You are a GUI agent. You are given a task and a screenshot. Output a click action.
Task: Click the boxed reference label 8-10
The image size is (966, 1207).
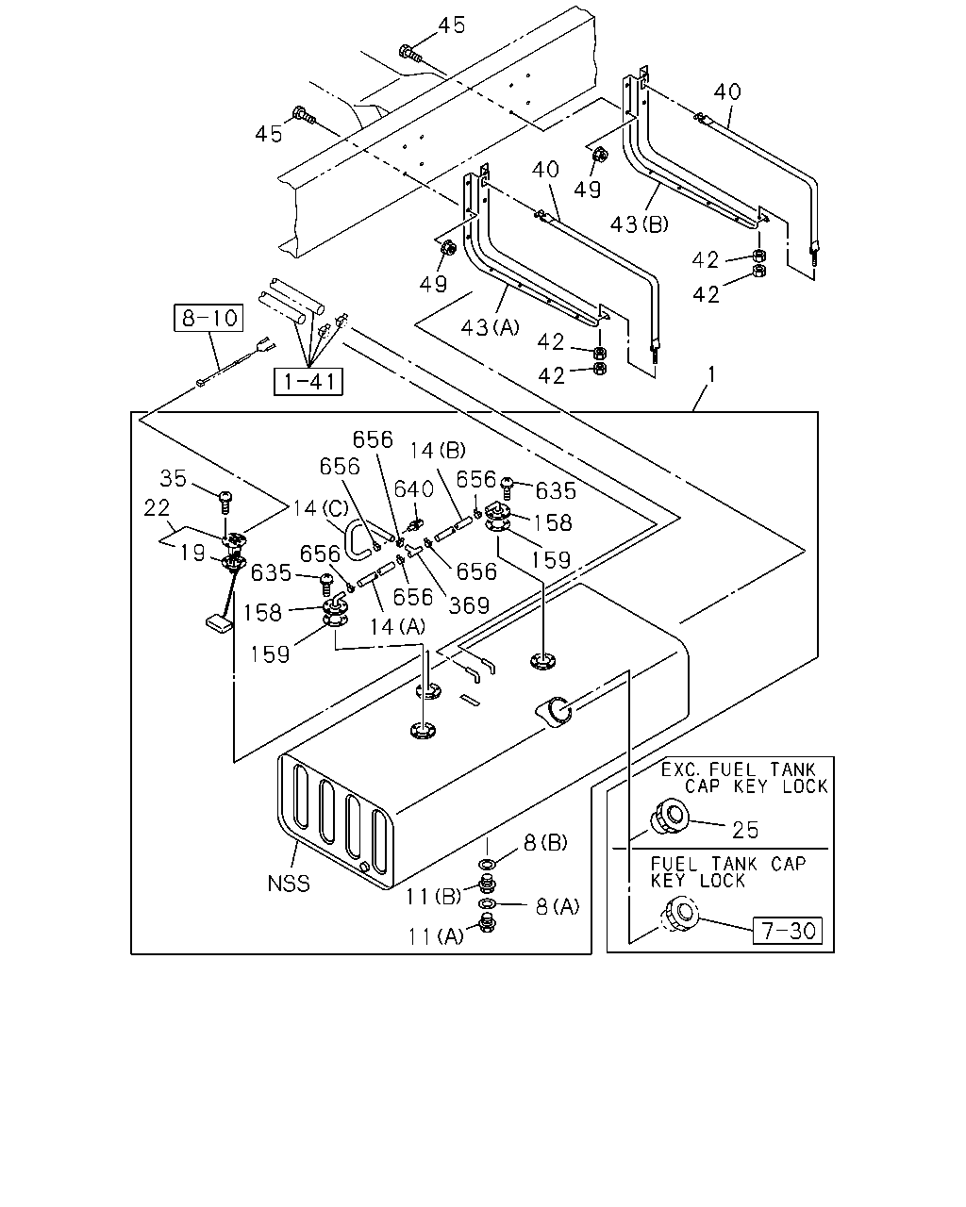(x=208, y=318)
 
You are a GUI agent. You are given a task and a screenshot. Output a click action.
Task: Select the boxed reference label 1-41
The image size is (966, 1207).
(x=308, y=382)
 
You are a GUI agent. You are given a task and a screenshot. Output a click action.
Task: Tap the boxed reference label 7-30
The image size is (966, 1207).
(x=788, y=931)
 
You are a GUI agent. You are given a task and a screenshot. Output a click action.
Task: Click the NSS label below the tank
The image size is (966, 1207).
(x=289, y=884)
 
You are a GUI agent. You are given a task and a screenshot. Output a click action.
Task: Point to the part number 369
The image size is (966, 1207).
(x=469, y=605)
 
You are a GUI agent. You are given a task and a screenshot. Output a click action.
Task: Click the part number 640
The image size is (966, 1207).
(x=414, y=489)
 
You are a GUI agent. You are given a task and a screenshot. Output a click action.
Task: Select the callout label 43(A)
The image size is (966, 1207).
(x=490, y=327)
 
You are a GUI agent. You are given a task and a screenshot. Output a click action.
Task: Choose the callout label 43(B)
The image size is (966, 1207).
(x=640, y=224)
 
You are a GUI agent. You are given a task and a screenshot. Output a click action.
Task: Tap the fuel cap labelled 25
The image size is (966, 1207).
(x=669, y=818)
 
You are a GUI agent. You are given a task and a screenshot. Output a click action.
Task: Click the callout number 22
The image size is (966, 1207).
(x=157, y=508)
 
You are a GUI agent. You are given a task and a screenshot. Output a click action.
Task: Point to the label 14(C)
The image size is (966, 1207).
(x=321, y=508)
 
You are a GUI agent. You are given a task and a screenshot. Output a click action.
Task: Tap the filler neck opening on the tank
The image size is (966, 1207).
(x=557, y=711)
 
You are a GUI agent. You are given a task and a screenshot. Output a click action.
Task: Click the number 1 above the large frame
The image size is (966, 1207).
(x=711, y=374)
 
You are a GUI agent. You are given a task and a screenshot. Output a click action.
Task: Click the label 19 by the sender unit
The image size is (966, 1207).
(x=192, y=553)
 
